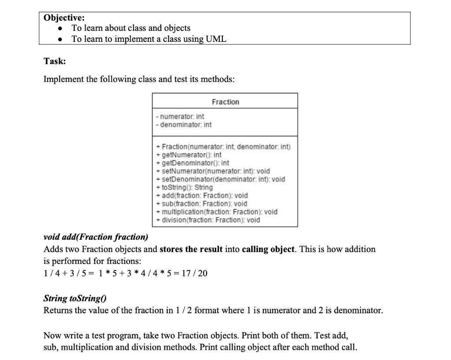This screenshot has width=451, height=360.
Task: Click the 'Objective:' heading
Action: click(x=64, y=18)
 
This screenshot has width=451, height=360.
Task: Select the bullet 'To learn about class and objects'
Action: click(x=131, y=28)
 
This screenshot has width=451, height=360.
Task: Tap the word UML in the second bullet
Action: click(x=216, y=39)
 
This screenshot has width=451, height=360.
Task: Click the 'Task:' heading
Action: click(x=55, y=61)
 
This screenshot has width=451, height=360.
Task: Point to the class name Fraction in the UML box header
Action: click(x=225, y=102)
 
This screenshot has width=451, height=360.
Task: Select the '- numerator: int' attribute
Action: click(x=180, y=117)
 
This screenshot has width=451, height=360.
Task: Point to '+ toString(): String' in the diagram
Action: click(x=185, y=187)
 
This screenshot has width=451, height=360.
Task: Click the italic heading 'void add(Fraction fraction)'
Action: click(x=96, y=237)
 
